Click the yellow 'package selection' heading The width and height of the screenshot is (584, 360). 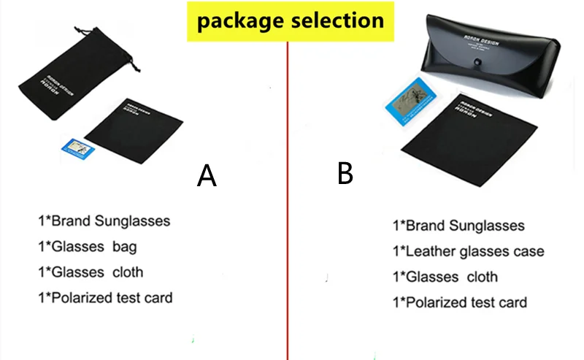(x=291, y=20)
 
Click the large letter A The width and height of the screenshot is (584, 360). (x=207, y=175)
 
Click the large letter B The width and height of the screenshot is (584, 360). (x=345, y=173)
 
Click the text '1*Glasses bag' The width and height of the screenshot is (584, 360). (x=87, y=247)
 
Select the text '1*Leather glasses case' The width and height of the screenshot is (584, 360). (x=468, y=252)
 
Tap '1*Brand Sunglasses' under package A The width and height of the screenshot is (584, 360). (x=104, y=221)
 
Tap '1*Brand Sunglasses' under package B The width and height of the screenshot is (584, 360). (x=458, y=226)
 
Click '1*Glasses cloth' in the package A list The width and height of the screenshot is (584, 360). (x=91, y=272)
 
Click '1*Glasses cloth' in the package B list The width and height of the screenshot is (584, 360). (x=445, y=277)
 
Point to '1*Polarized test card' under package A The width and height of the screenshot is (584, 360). (x=105, y=298)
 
